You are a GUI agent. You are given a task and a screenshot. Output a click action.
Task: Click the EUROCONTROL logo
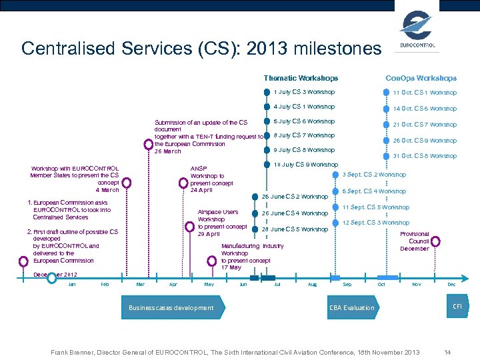(x=417, y=31)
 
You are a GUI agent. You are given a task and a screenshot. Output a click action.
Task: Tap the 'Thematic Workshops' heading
(x=301, y=79)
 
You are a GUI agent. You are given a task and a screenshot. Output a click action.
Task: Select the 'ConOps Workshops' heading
(x=421, y=79)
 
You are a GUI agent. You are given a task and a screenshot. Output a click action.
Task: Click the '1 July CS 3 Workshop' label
(x=304, y=92)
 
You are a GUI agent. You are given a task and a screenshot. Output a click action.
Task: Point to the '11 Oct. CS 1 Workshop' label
(x=425, y=93)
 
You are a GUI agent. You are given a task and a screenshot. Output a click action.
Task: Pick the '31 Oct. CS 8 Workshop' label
(x=425, y=157)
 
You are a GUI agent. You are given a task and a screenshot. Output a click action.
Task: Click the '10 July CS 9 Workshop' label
(x=306, y=165)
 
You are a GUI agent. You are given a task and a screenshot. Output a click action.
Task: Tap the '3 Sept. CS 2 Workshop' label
(x=373, y=175)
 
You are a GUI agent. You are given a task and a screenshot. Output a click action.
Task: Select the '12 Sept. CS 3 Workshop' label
(x=375, y=223)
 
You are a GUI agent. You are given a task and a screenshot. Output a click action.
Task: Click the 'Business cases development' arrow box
(x=171, y=307)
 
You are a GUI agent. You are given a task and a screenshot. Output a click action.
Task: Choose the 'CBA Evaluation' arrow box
(x=352, y=307)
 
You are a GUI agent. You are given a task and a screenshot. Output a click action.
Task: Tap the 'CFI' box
(x=457, y=306)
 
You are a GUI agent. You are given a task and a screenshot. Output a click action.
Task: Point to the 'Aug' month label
(x=313, y=285)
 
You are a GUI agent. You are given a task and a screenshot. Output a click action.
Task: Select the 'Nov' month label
(x=417, y=285)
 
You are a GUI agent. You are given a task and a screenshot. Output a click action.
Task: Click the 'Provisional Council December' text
(x=415, y=241)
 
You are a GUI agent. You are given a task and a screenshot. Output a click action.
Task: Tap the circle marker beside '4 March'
(x=127, y=181)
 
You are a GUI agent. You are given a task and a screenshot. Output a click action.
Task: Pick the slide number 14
(x=447, y=351)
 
